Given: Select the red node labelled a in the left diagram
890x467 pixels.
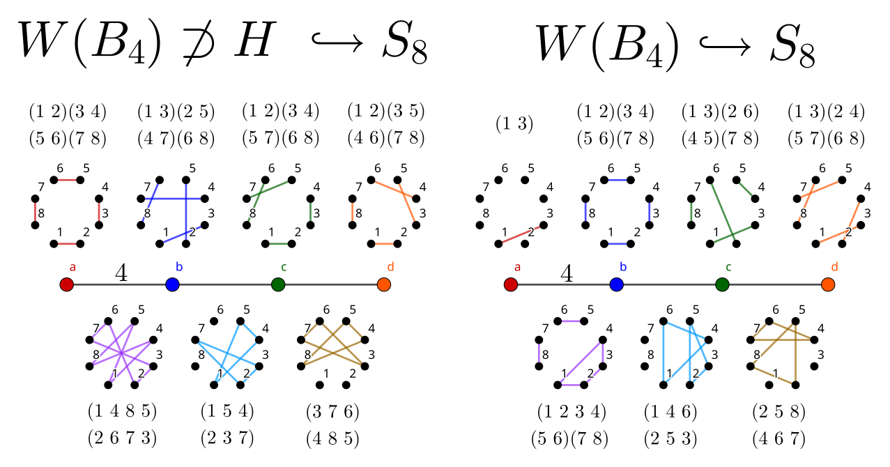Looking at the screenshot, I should click(66, 284).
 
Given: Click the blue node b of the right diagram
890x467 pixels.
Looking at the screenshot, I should click(616, 284).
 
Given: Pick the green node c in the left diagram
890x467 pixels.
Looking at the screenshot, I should click(278, 284).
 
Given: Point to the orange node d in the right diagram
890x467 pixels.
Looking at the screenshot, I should click(827, 284).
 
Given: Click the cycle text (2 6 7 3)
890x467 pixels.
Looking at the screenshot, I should click(122, 438).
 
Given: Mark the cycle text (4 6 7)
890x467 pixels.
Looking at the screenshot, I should click(778, 438).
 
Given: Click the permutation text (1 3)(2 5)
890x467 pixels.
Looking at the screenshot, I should click(176, 112).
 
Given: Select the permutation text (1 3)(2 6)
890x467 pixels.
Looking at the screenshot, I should click(720, 112).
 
